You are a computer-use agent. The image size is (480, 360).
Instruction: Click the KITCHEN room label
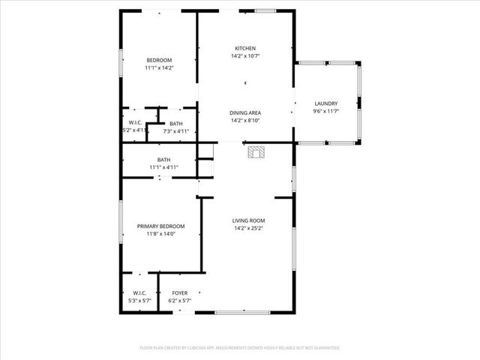tap(245, 49)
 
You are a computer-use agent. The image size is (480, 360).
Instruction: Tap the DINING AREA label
tap(245, 112)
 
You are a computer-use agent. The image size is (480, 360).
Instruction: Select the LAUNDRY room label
tap(325, 103)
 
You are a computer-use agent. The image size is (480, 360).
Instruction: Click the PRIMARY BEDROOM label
tap(160, 226)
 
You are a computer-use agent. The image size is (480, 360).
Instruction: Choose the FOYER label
tap(180, 292)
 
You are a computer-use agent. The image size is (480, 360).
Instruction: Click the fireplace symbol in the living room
tap(256, 152)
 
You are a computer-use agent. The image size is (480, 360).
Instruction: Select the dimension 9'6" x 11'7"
tap(325, 111)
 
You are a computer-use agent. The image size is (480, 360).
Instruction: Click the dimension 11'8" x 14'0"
tap(160, 233)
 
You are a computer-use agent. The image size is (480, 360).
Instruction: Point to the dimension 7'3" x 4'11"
tap(175, 131)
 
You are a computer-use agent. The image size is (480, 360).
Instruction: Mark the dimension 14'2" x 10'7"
tap(245, 56)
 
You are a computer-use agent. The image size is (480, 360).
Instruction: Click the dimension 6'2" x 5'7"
tap(180, 301)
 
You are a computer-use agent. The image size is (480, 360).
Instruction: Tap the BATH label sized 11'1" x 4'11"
tap(163, 159)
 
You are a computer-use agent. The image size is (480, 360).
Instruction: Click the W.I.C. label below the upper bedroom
tap(136, 122)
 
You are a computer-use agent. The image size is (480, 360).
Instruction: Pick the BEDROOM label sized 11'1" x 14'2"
tap(159, 60)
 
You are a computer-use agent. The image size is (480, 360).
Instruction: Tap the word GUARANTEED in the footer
tap(324, 348)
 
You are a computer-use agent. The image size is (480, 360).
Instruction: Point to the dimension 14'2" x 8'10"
tap(245, 120)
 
